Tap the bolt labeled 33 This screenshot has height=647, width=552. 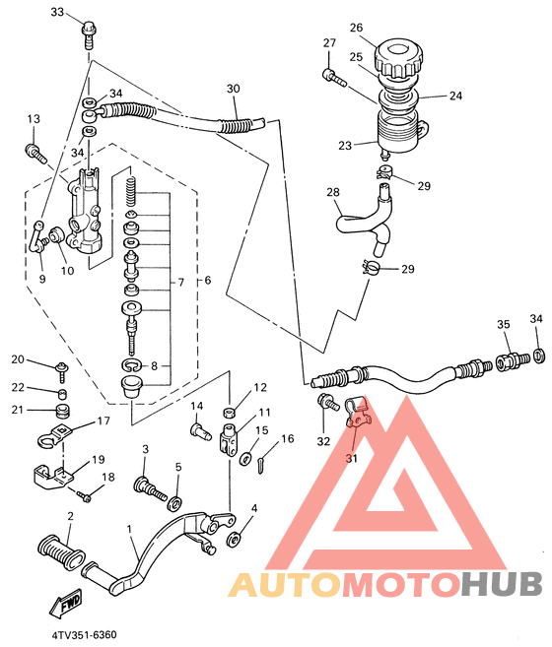click(x=88, y=34)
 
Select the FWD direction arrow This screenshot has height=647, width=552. click(x=66, y=604)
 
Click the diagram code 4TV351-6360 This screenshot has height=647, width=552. click(x=85, y=634)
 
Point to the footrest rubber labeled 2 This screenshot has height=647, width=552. click(x=61, y=551)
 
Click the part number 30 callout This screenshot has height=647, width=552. click(x=233, y=89)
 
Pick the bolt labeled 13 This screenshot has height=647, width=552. click(x=36, y=153)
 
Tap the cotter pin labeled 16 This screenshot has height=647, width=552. click(x=260, y=465)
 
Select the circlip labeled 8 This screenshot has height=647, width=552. click(x=132, y=364)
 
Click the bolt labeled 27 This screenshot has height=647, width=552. click(x=334, y=78)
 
